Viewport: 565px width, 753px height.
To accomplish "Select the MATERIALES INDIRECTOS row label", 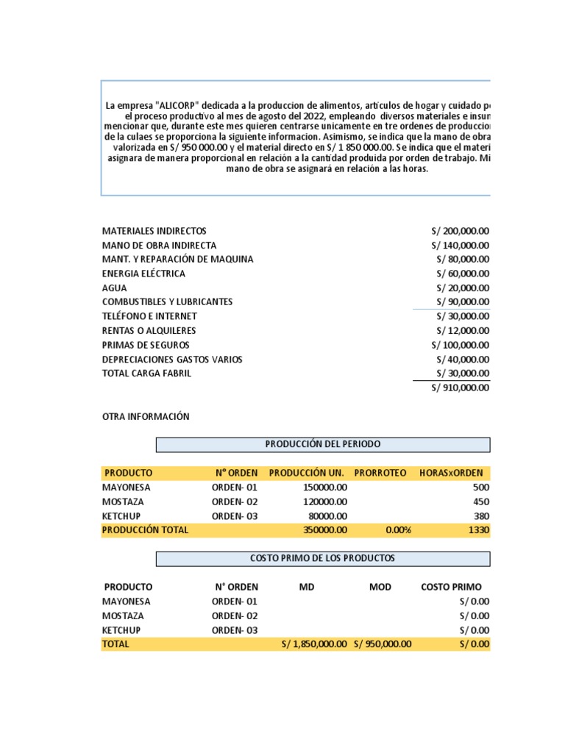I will click(154, 231).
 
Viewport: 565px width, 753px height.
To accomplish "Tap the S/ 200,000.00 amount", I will click(461, 231).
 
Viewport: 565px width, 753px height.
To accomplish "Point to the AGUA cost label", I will click(114, 288).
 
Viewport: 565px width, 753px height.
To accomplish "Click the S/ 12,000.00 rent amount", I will click(463, 331).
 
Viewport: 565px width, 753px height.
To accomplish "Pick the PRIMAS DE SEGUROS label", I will click(146, 345).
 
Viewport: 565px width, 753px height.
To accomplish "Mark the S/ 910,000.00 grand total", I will click(461, 389).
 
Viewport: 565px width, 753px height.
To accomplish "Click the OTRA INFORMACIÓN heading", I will click(146, 416).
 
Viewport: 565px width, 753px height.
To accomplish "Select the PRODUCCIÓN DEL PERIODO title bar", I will click(322, 444).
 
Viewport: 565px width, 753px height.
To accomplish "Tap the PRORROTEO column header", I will click(380, 473).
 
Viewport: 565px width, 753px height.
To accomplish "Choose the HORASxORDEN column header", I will click(451, 473).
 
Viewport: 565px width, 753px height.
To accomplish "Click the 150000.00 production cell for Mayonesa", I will click(325, 487).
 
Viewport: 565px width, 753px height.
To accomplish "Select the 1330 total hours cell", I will click(479, 529).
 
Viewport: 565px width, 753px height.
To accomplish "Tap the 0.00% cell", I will click(398, 529).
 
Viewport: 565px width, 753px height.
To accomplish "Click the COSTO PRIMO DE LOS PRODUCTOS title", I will click(322, 559).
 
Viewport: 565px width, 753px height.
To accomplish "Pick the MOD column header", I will click(380, 587).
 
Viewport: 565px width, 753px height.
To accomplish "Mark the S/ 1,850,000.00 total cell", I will click(314, 644).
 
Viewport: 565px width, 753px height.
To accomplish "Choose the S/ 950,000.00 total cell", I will click(383, 644).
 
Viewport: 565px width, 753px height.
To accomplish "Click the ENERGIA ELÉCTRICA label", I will click(143, 274).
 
